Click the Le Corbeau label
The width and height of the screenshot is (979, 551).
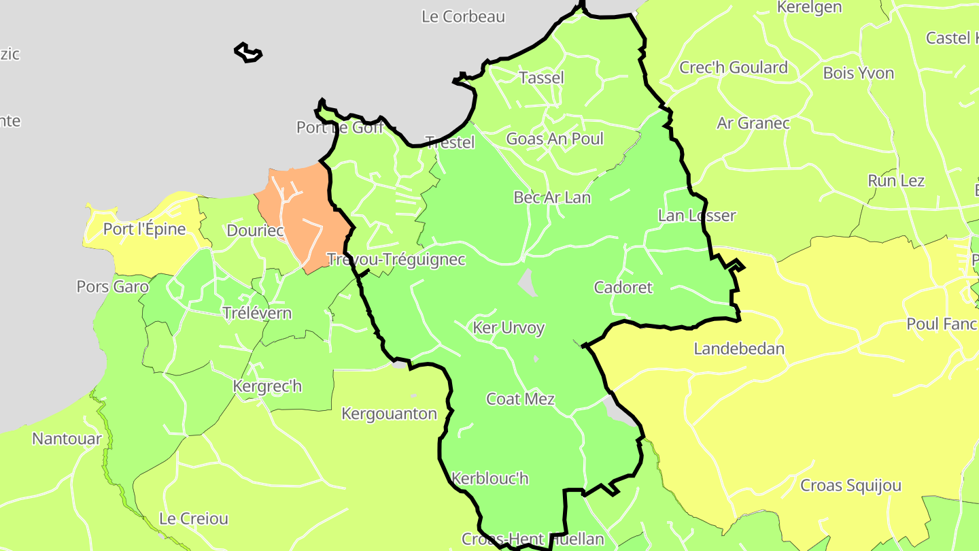point(463,16)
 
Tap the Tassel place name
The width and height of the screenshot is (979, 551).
point(541,78)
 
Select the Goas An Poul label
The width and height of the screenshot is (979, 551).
point(555,139)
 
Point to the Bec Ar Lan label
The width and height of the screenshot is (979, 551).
point(552,197)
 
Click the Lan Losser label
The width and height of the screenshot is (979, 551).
point(697,216)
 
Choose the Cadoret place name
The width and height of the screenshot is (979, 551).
point(623,287)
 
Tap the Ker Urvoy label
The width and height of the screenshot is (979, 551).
point(509,328)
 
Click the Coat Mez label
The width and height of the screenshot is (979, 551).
point(520,399)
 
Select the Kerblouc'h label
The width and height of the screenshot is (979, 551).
point(489,478)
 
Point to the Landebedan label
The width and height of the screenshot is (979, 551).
point(739,349)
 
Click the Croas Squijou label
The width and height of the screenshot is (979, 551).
point(851,486)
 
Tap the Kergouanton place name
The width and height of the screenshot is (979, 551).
point(389,414)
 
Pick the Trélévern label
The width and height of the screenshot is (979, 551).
point(257,313)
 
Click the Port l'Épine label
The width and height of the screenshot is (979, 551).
point(144,229)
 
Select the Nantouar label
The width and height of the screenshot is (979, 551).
point(67,439)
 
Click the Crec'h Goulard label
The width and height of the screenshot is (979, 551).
point(734,67)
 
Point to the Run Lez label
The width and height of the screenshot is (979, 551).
point(896,181)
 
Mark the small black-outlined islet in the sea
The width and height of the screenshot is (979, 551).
point(248,53)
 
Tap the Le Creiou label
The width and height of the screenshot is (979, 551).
point(194,518)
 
